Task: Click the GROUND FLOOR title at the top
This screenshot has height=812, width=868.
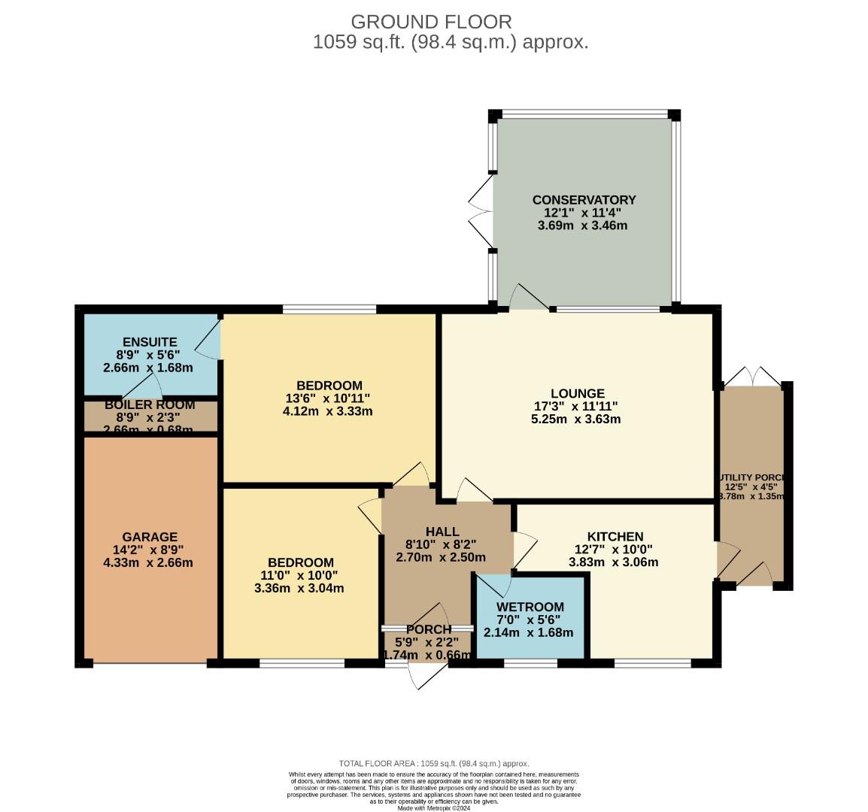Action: click(431, 22)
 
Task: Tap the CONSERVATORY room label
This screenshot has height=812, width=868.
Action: click(584, 200)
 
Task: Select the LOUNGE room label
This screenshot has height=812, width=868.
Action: click(577, 393)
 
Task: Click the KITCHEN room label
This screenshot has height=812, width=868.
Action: click(615, 536)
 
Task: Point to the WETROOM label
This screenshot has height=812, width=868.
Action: click(530, 607)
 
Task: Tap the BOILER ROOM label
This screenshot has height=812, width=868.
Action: click(150, 404)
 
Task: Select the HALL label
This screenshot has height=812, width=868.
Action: click(442, 532)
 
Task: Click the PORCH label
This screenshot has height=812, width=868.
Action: click(429, 629)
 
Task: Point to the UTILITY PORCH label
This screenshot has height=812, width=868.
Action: click(752, 477)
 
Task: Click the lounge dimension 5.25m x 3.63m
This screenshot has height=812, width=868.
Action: click(575, 419)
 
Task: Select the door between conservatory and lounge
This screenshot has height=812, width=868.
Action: click(529, 299)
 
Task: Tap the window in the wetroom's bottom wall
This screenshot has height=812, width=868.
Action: click(530, 663)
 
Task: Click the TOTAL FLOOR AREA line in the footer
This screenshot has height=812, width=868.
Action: click(434, 762)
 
